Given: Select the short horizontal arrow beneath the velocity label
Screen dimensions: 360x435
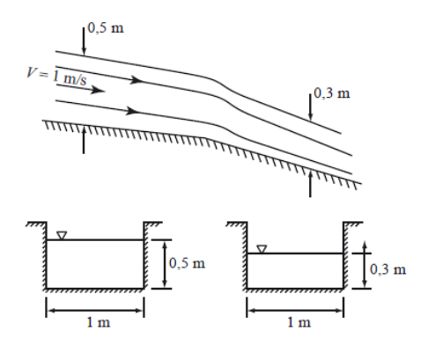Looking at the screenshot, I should pos(92,89).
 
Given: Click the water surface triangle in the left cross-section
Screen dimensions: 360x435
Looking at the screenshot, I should pos(60,235).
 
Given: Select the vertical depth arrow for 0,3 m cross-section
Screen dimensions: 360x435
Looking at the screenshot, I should pos(365,269).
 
